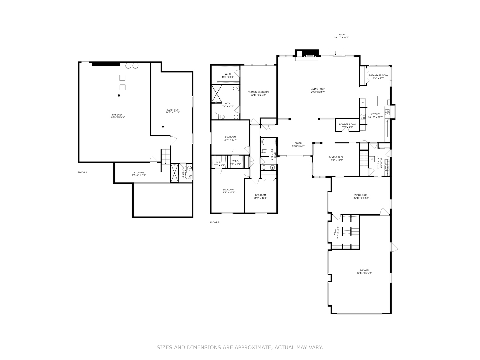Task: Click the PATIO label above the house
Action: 342,34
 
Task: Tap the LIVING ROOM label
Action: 318,89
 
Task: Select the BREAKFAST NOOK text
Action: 378,75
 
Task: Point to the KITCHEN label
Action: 375,114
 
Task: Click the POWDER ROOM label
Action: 347,124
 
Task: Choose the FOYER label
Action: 298,143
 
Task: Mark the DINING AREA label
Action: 336,157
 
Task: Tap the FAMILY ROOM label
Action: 361,195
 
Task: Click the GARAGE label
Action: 364,270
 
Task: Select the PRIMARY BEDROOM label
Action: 258,92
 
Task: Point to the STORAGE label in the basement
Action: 139,173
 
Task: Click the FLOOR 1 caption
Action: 82,172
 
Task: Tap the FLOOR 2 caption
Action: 215,222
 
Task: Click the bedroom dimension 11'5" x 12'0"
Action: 260,198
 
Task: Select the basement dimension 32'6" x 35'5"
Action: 118,117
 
